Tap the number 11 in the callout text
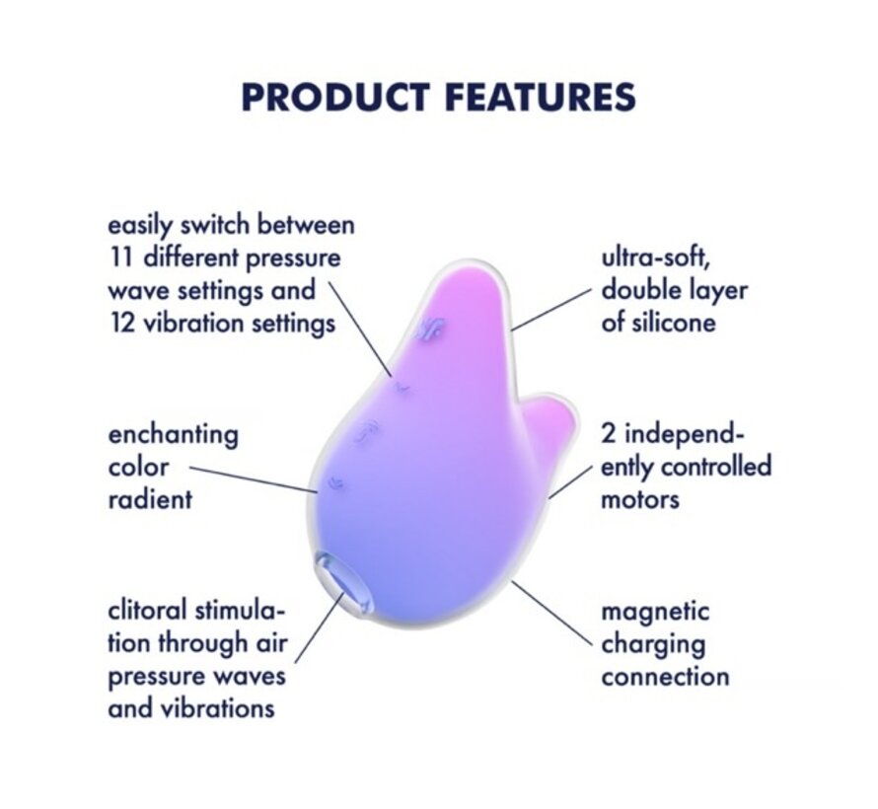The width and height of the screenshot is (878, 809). point(121,258)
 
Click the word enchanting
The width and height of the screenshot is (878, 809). point(174,434)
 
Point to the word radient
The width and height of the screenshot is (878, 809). point(150,499)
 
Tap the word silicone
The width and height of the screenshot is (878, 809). point(658,324)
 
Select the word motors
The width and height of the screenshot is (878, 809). point(640,499)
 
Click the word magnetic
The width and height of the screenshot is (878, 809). point(655,612)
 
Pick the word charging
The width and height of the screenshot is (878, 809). point(654,644)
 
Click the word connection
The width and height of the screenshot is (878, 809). point(666,677)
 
